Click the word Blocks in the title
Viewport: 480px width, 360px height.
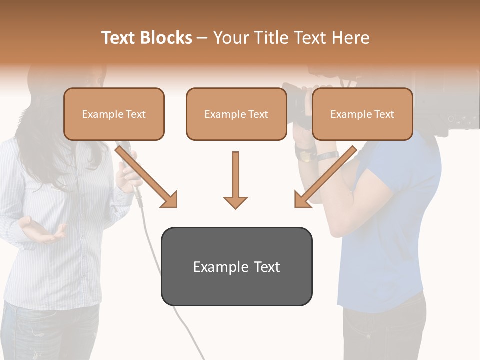166,38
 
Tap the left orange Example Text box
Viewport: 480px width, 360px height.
114,114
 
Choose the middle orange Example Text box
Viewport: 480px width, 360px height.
236,114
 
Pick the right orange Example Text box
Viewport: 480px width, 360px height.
362,114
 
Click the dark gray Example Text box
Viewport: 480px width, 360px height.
236,266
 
